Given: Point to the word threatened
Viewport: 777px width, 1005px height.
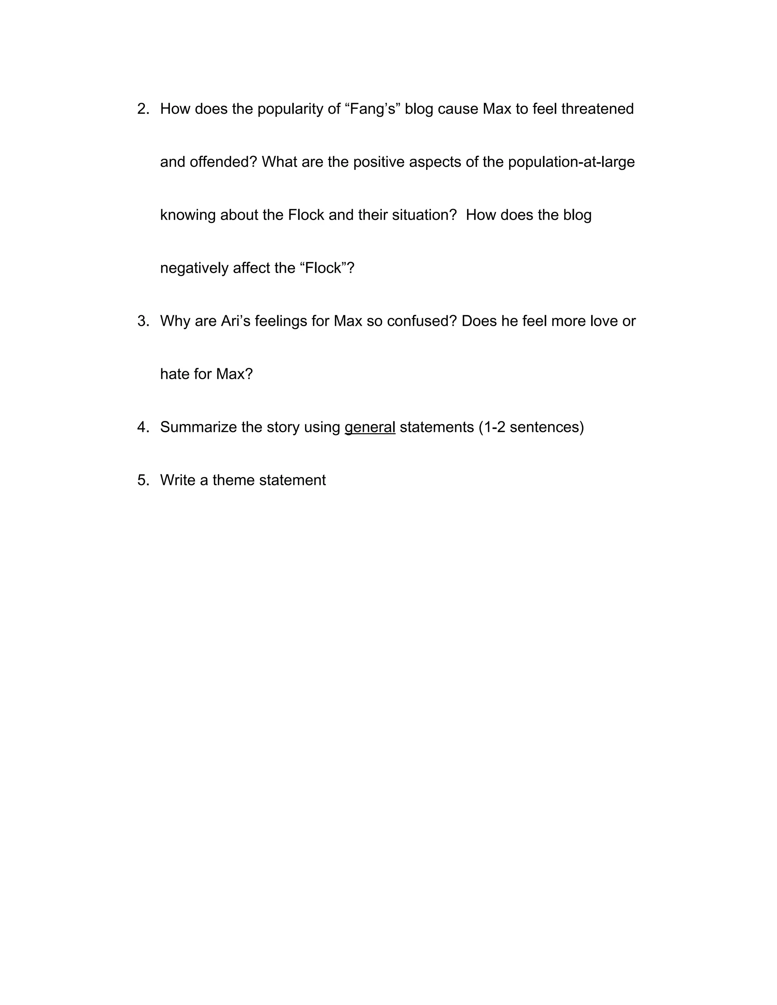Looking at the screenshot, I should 597,109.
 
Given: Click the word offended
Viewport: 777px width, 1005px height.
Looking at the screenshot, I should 220,162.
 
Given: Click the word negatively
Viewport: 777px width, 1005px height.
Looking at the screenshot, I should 194,268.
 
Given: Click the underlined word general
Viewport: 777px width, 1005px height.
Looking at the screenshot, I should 370,427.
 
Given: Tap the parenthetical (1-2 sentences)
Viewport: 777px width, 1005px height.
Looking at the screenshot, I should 531,427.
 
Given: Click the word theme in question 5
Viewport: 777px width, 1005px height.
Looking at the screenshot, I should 233,481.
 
